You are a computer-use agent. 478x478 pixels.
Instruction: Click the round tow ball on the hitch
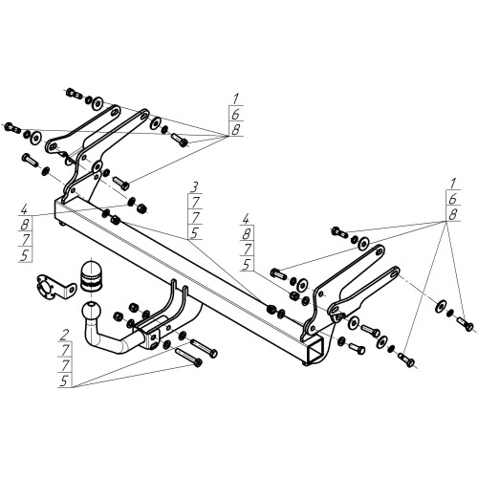(x=91, y=311)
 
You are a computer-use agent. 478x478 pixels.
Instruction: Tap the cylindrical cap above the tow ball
(x=92, y=276)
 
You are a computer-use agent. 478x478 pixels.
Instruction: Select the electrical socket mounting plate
(x=54, y=287)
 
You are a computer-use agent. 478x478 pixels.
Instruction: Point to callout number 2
(x=65, y=335)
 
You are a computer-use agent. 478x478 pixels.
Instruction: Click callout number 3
(x=195, y=186)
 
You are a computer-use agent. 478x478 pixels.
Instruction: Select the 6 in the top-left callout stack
(x=235, y=114)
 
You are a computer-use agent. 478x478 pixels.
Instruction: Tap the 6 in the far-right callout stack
(x=452, y=199)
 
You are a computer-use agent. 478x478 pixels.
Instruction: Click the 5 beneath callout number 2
(x=64, y=380)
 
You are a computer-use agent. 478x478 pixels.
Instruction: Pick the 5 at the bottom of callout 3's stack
(x=194, y=233)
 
